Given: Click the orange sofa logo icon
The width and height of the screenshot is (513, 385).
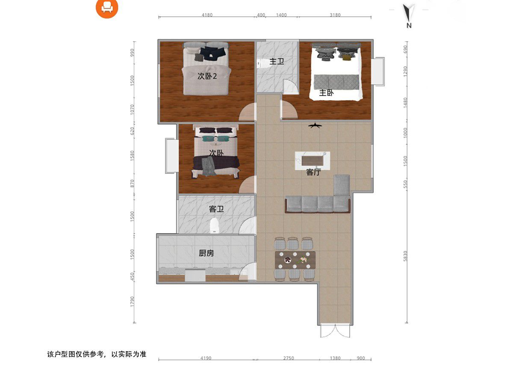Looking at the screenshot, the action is (107, 7).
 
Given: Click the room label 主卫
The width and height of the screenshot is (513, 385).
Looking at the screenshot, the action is (277, 62).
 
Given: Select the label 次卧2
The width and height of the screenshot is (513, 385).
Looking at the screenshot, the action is (207, 76).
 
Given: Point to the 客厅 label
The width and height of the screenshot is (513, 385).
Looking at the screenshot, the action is (313, 172).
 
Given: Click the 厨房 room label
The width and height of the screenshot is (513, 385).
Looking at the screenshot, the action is (206, 253).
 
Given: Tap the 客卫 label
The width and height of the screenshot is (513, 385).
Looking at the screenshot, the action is (216, 209).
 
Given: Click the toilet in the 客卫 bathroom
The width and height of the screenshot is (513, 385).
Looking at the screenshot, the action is (214, 225).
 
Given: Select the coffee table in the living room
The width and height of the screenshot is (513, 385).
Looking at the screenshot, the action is (313, 160).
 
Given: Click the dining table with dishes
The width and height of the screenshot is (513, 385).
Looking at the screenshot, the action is (295, 260).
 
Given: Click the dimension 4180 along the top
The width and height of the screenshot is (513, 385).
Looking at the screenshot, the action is (207, 15).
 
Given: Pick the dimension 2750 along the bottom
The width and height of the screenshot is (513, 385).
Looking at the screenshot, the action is (289, 358).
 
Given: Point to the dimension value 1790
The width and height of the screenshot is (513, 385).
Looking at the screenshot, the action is (132, 302).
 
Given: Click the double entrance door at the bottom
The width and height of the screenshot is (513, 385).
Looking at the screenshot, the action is (335, 331).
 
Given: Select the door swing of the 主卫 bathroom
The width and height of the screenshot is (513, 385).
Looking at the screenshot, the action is (291, 86).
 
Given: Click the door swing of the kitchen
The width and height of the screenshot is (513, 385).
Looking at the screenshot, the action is (248, 271).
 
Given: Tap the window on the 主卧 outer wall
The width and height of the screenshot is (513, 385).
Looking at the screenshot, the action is (378, 71).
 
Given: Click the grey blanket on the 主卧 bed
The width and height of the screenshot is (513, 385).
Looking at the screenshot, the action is (336, 82).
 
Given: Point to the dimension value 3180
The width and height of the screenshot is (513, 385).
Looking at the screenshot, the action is (335, 15).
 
